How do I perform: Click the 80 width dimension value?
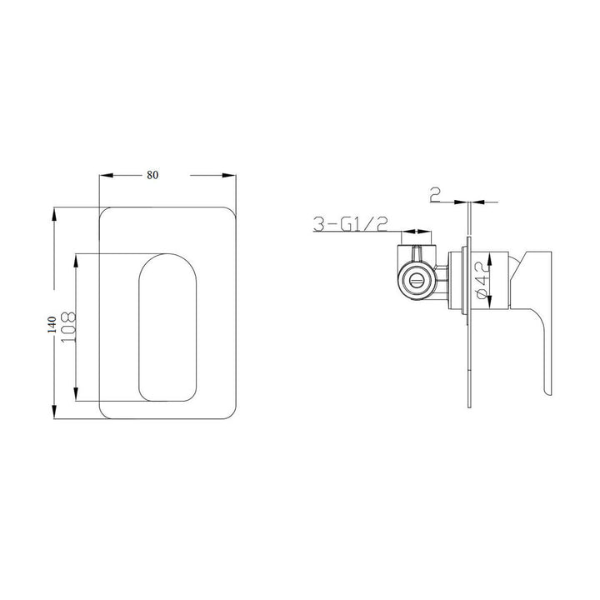pos(152,175)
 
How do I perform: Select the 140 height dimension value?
pos(52,324)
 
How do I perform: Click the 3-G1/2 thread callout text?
pos(351,223)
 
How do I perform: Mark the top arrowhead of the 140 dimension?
pos(56,212)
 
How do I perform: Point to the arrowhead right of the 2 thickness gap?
pos(478,202)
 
